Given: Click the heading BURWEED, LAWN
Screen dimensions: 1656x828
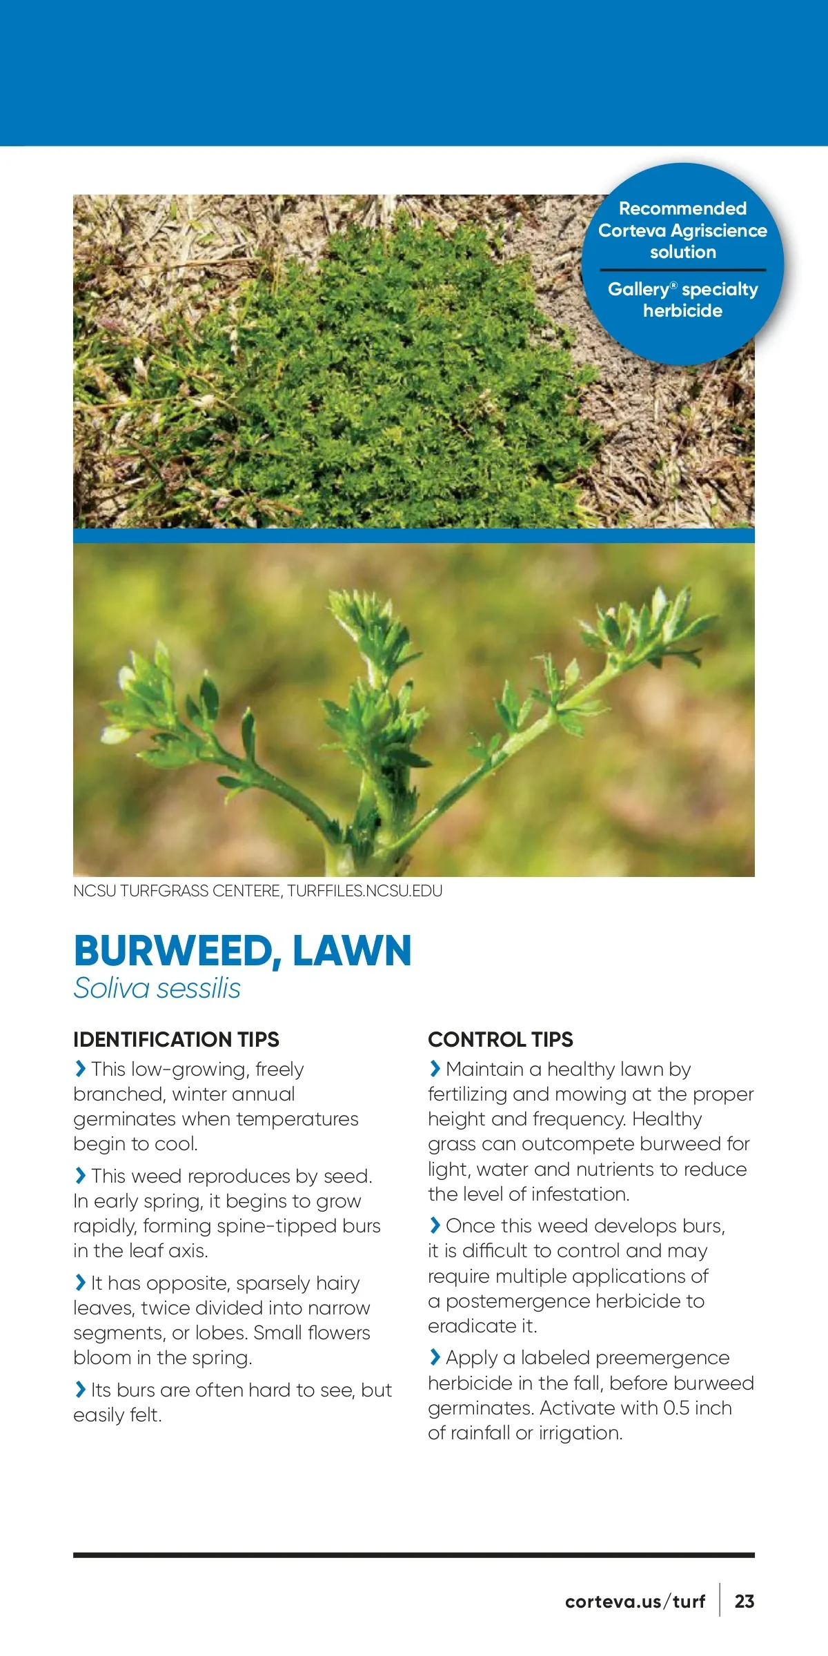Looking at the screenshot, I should pyautogui.click(x=242, y=951).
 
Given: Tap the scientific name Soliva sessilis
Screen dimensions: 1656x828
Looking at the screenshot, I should pyautogui.click(x=157, y=988).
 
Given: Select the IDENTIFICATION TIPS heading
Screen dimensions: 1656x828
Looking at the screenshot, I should pyautogui.click(x=176, y=1039).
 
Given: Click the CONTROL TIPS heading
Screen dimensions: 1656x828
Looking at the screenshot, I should pyautogui.click(x=500, y=1039).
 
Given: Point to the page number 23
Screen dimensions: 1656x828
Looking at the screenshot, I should pyautogui.click(x=744, y=1601).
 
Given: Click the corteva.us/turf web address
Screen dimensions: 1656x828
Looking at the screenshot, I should pyautogui.click(x=635, y=1601).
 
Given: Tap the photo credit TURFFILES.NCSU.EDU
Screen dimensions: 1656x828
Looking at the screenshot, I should pyautogui.click(x=364, y=891).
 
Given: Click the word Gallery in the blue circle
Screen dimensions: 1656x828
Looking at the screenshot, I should pyautogui.click(x=638, y=289).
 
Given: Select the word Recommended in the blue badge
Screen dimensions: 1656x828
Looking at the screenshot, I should pyautogui.click(x=682, y=208).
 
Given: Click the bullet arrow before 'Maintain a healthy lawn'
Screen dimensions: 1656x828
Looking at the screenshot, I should pyautogui.click(x=435, y=1069).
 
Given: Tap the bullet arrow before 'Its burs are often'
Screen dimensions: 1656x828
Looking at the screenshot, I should pyautogui.click(x=80, y=1390).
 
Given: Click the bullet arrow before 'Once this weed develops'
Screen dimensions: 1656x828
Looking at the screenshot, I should pyautogui.click(x=435, y=1225).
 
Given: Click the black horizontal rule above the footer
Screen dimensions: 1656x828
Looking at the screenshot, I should pyautogui.click(x=414, y=1555).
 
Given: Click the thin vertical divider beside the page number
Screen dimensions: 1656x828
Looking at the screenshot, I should pyautogui.click(x=720, y=1600).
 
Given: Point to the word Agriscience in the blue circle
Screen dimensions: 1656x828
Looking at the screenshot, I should pyautogui.click(x=718, y=230).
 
